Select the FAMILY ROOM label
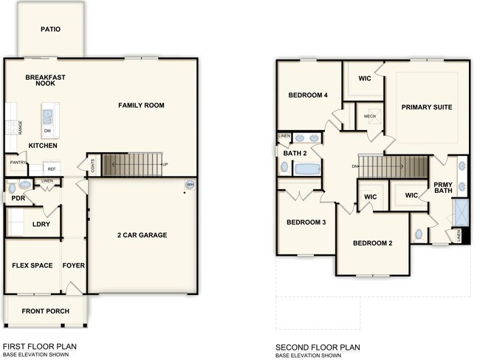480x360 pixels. tap(141, 106)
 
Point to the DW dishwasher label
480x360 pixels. tap(47, 131)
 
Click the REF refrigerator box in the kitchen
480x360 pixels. tap(52, 169)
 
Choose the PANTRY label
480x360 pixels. tap(18, 163)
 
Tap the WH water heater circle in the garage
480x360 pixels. tap(190, 185)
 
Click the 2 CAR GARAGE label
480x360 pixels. tap(142, 235)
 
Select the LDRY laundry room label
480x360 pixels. tap(41, 224)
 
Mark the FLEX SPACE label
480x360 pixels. tap(32, 265)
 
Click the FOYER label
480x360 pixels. tap(73, 265)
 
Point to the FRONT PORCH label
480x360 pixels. tap(45, 310)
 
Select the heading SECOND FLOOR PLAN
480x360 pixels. tap(318, 347)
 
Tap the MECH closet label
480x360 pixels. tap(370, 117)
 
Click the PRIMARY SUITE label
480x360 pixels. tap(426, 107)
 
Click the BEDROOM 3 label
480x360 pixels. tap(306, 222)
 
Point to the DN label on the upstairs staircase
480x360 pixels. tap(354, 166)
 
